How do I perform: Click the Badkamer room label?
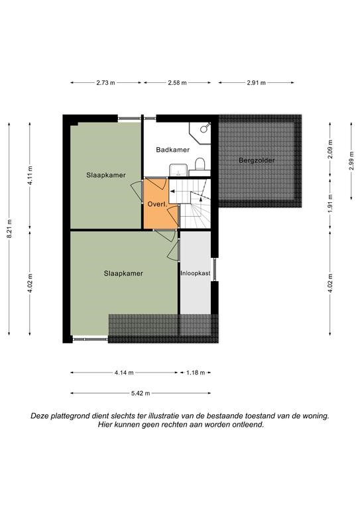click(x=172, y=150)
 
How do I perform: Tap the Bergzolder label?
click(x=257, y=160)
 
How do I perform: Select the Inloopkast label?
click(x=196, y=273)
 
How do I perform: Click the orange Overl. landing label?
click(x=157, y=205)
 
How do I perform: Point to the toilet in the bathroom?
click(x=200, y=164)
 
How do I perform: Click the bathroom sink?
click(x=178, y=170)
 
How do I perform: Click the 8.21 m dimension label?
click(x=9, y=229)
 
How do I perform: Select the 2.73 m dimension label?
click(x=105, y=83)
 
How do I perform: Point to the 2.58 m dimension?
click(x=177, y=83)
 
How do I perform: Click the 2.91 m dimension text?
click(x=256, y=83)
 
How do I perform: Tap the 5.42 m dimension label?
click(x=141, y=394)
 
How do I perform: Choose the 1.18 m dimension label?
click(x=196, y=372)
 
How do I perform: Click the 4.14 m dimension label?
click(x=124, y=372)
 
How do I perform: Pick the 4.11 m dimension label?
click(x=30, y=175)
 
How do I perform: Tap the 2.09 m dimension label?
click(x=330, y=149)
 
